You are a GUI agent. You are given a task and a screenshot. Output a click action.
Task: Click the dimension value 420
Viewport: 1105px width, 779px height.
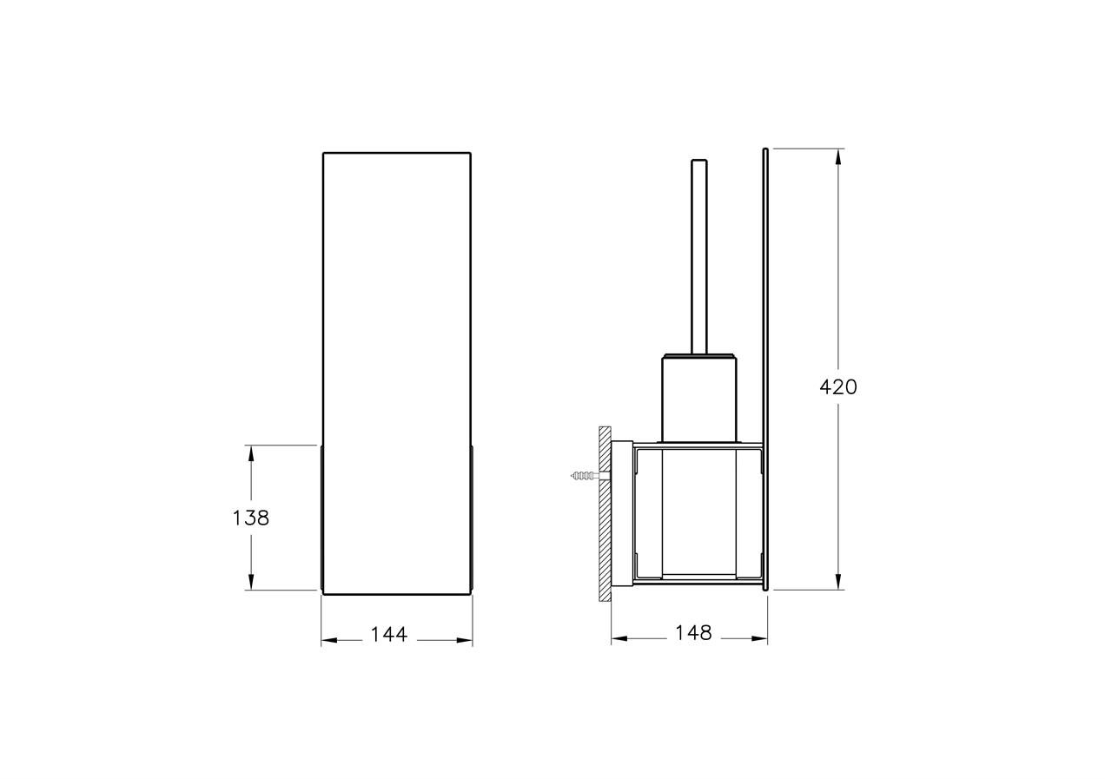tap(838, 387)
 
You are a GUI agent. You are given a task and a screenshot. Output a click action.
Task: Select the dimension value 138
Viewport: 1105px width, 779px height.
tap(250, 518)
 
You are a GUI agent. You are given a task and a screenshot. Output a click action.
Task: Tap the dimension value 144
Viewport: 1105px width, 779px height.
tap(388, 635)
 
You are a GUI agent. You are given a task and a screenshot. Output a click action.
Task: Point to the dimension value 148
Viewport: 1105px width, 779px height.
tap(693, 632)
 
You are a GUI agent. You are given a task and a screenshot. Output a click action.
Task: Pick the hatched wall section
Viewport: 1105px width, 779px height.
tap(605, 514)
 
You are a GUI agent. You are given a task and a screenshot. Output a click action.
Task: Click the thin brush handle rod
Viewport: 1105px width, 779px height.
tap(699, 257)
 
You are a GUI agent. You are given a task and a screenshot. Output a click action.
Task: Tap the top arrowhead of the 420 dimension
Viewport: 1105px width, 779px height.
tap(838, 157)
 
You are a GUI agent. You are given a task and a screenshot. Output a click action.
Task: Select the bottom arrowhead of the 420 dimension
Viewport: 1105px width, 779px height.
tap(838, 581)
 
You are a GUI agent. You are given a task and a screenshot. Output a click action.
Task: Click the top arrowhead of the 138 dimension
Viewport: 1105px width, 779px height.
tap(251, 453)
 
